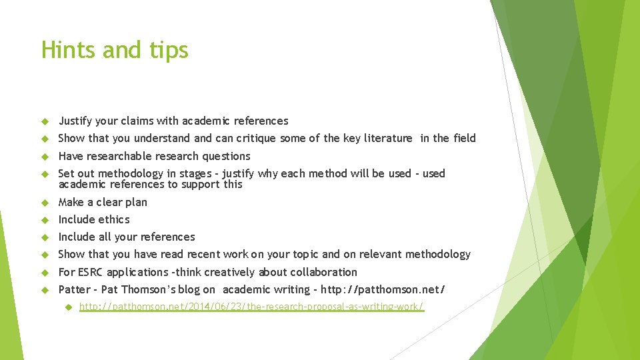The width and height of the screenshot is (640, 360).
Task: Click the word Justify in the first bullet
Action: pyautogui.click(x=75, y=121)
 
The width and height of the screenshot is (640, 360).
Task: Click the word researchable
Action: pyautogui.click(x=119, y=156)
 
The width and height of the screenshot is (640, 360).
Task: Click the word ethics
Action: pyautogui.click(x=114, y=219)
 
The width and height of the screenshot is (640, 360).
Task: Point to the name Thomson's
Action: pyautogui.click(x=151, y=289)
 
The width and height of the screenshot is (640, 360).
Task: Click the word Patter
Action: pyautogui.click(x=73, y=289)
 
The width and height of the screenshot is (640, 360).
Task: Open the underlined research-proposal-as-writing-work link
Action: pyautogui.click(x=251, y=307)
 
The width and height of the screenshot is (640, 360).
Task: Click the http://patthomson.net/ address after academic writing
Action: pyautogui.click(x=383, y=289)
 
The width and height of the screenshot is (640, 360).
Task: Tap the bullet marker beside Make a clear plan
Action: pyautogui.click(x=45, y=202)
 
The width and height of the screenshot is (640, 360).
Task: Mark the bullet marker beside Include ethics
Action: pyautogui.click(x=45, y=219)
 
